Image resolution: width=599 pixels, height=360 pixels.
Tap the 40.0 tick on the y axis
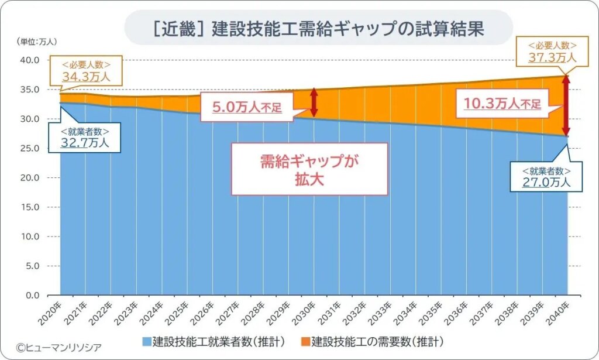(29, 60)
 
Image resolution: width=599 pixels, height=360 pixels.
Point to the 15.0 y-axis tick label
(29, 207)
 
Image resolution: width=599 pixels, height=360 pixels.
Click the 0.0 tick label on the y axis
(31, 295)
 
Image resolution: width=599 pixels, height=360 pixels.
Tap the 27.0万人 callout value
(546, 182)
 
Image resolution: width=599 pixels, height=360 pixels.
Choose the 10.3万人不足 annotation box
(502, 104)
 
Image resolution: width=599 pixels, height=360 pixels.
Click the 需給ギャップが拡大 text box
(309, 170)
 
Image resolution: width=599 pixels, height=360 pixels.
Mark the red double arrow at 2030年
(314, 102)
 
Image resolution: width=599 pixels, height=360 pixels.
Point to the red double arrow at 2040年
(566, 105)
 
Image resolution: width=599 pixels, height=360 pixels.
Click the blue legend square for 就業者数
(146, 340)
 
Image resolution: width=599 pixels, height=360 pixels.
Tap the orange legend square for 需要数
(305, 340)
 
